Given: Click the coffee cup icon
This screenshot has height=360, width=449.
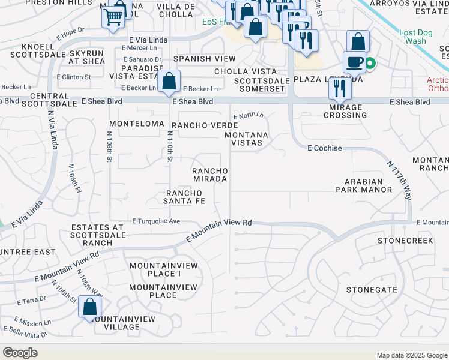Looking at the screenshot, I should [x=354, y=62].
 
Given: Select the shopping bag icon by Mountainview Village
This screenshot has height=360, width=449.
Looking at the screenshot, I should [x=89, y=307].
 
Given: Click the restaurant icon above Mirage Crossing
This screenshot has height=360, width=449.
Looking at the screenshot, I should [x=340, y=88].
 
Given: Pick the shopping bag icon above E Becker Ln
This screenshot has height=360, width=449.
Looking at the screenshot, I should [x=170, y=80].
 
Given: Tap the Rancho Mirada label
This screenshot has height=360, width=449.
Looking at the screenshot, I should [x=209, y=175].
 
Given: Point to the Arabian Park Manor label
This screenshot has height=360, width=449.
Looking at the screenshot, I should [x=364, y=185].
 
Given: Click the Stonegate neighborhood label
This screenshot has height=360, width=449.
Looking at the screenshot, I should [x=372, y=289].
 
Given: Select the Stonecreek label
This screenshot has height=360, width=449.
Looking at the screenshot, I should [x=405, y=240].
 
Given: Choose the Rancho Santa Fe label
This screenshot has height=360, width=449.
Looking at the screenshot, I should [x=185, y=196].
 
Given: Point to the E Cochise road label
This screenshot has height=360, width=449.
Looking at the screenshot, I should [x=325, y=148].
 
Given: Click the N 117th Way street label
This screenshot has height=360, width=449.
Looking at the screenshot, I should [x=400, y=180].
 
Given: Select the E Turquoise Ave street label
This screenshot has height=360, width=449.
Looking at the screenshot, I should [x=156, y=221].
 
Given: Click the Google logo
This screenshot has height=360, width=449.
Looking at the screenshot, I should [x=20, y=353].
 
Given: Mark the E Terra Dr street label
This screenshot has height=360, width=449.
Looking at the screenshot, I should [x=31, y=301].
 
